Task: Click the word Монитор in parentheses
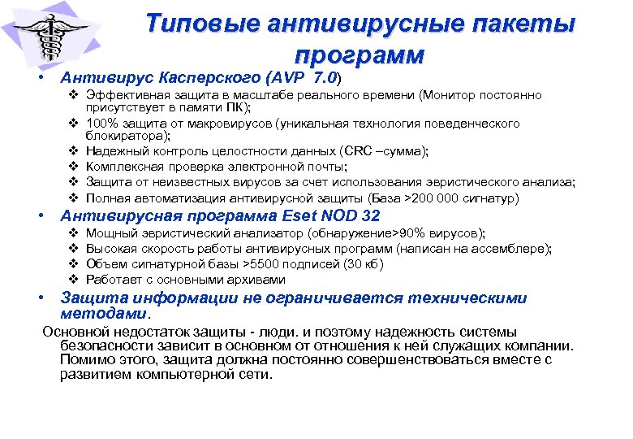tap(448, 95)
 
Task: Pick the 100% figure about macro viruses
tap(103, 124)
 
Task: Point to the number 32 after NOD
tap(368, 216)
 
